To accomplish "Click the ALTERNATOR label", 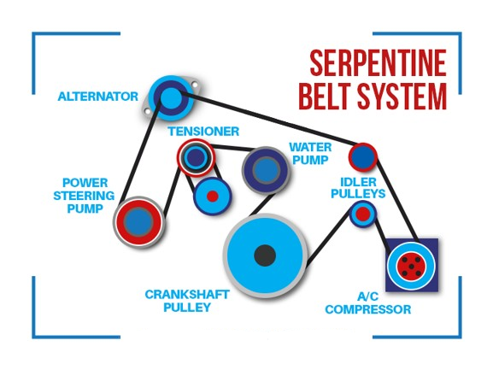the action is tap(97, 97).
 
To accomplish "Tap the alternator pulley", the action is tap(171, 97).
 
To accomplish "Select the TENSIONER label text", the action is tap(203, 131).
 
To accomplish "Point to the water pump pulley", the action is tap(266, 170).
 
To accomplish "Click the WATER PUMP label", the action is tap(310, 154).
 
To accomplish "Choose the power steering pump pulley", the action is tap(138, 222).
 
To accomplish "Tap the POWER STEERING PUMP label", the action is tap(84, 196).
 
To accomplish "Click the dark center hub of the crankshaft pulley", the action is tap(265, 255).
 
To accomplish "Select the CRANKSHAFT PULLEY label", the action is tap(187, 301).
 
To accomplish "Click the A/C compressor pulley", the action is tap(411, 266).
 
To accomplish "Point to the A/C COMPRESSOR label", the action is tap(368, 303).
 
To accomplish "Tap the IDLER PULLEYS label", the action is tap(358, 188).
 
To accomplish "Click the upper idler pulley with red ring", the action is tap(363, 157).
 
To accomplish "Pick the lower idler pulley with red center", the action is tap(363, 214).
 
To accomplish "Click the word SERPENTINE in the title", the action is tap(378, 63).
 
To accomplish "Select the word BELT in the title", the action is tap(326, 96).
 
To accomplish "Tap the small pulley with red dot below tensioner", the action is tap(213, 197).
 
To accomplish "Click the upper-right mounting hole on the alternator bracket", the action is tap(195, 85).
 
